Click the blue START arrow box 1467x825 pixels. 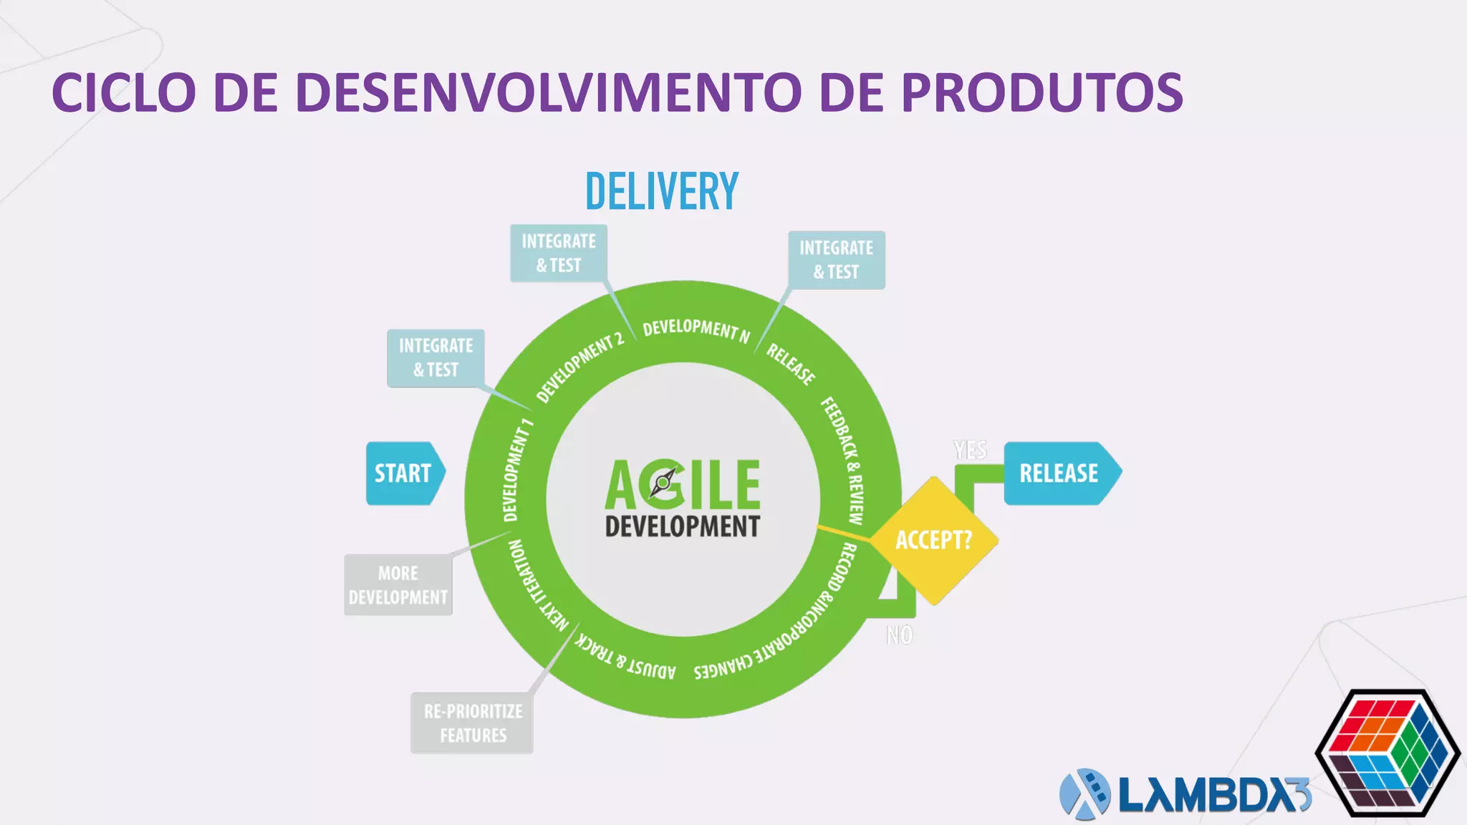click(x=404, y=473)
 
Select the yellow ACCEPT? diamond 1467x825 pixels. click(x=934, y=540)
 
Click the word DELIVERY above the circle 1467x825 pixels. click(x=662, y=191)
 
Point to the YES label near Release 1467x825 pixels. click(x=970, y=450)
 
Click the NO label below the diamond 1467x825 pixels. click(x=900, y=635)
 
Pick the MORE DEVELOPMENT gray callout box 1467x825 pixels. click(x=398, y=585)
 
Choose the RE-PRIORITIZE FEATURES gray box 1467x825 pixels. click(x=472, y=723)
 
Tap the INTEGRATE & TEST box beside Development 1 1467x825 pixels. click(x=436, y=358)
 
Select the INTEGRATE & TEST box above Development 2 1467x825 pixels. click(x=559, y=254)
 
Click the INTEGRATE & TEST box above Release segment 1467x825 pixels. click(x=836, y=260)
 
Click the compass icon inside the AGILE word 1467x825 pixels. click(x=663, y=483)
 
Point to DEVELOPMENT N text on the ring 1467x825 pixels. click(x=696, y=330)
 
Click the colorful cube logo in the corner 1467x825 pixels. click(x=1387, y=753)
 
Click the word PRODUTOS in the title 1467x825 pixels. click(x=1042, y=93)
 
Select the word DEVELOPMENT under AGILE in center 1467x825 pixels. click(x=682, y=526)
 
